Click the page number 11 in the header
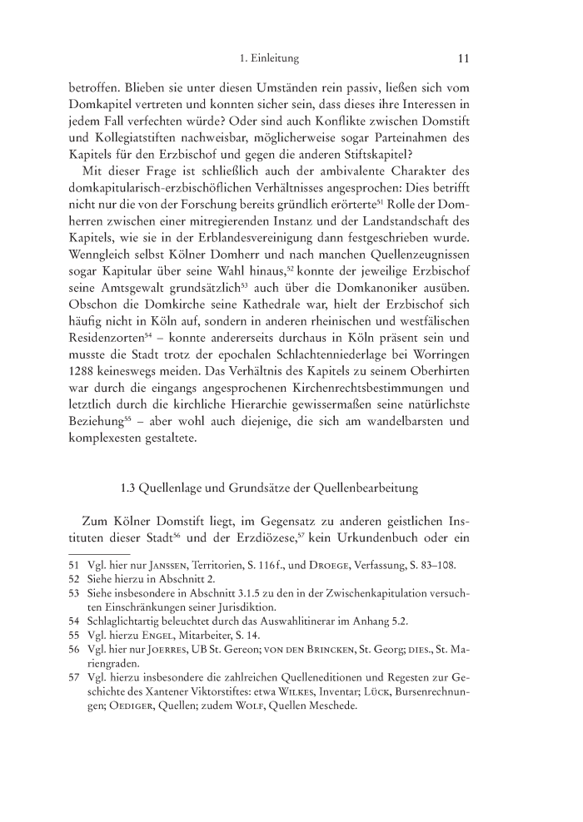click(x=465, y=59)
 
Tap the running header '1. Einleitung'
click(x=268, y=59)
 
